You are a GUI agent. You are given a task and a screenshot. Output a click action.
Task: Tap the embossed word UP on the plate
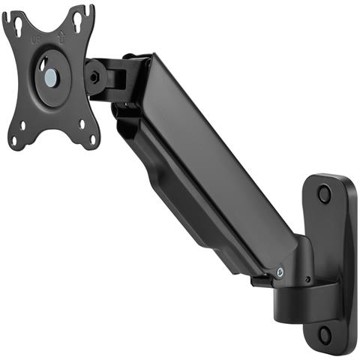[x=35, y=36]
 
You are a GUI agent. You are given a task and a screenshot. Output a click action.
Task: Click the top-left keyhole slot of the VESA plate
[x=16, y=25]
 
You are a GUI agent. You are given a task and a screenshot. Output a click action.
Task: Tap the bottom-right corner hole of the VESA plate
[x=93, y=138]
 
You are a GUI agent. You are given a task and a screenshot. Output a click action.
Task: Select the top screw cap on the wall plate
[x=324, y=193]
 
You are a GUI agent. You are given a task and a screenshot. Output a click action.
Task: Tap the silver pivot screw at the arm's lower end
[x=280, y=272]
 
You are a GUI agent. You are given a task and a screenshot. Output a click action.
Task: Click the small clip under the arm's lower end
[x=261, y=282]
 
